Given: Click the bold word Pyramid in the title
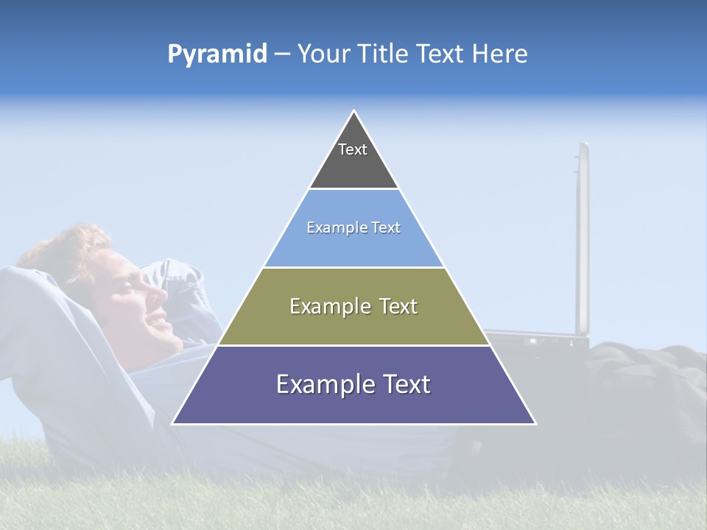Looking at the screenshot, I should click(217, 54).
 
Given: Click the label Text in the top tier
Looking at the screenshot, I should click(353, 149).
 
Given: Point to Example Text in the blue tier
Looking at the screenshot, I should click(353, 227).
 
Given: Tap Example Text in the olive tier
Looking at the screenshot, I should click(353, 306).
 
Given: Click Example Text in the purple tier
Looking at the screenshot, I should click(353, 384).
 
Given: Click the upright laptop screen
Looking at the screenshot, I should click(582, 236).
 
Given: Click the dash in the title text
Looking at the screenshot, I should click(282, 54).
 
